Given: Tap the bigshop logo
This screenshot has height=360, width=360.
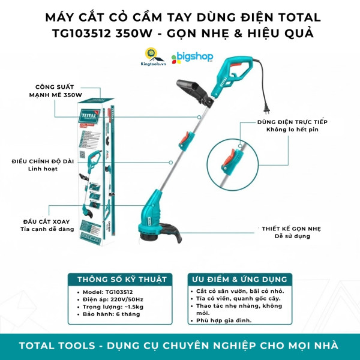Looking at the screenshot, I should pyautogui.click(x=193, y=59).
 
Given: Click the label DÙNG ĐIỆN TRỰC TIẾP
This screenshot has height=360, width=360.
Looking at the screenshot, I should pyautogui.click(x=292, y=122).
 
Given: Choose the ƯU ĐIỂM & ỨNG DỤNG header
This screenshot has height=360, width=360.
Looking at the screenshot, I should pyautogui.click(x=239, y=280).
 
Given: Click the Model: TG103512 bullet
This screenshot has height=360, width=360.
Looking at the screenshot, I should pyautogui.click(x=105, y=291).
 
